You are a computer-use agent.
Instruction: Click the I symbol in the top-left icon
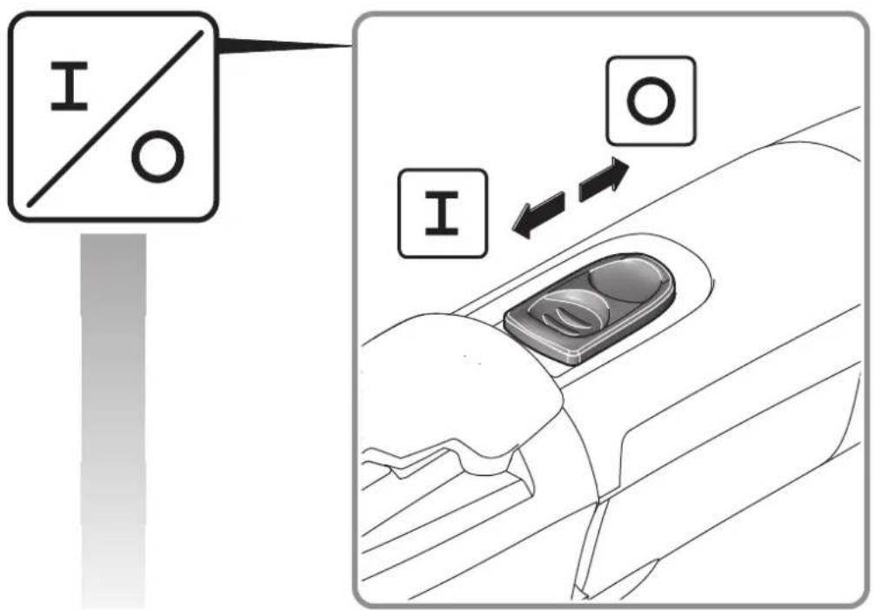[x=70, y=86]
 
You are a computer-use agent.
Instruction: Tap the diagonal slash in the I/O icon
[x=116, y=117]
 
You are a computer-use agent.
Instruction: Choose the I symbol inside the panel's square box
[x=442, y=212]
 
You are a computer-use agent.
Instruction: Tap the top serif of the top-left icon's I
[x=70, y=65]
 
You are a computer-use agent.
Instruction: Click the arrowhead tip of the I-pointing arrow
[x=511, y=228]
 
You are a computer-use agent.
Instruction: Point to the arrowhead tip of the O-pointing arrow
[x=629, y=167]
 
